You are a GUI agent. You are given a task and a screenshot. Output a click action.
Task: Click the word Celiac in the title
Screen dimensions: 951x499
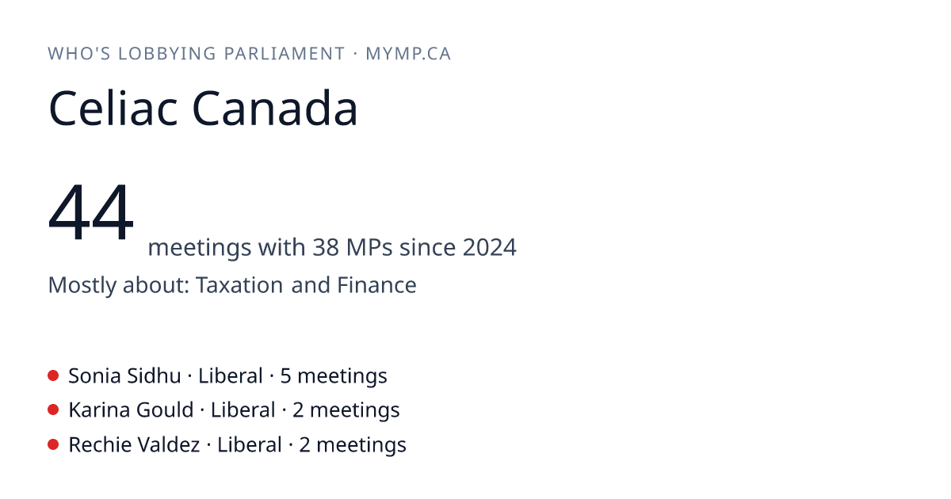[113, 109]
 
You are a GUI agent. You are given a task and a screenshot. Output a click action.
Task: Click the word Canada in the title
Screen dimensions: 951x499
[275, 109]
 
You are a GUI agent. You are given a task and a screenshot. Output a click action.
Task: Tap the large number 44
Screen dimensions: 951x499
[91, 211]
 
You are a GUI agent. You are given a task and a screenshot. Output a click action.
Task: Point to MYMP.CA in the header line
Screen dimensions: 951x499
[408, 54]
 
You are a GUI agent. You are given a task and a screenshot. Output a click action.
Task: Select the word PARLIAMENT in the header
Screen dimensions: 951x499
[285, 54]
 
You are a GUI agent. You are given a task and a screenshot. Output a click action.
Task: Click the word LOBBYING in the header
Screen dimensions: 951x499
[167, 54]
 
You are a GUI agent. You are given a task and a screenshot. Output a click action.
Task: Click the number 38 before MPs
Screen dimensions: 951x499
[326, 247]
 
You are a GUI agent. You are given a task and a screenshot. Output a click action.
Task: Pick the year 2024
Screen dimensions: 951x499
[490, 247]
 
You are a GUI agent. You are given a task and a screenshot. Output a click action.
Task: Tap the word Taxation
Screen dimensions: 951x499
[239, 284]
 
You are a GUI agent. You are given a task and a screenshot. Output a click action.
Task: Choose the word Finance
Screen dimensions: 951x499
[376, 284]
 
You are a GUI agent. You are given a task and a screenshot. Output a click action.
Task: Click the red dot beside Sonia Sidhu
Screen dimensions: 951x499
[53, 375]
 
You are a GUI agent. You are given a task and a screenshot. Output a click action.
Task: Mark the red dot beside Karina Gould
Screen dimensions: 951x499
[53, 410]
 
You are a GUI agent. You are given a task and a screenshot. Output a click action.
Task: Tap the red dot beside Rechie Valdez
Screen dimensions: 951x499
[53, 444]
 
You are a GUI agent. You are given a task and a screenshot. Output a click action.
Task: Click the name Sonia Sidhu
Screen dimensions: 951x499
[125, 376]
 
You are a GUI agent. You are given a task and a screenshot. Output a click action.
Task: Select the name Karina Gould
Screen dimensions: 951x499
[132, 410]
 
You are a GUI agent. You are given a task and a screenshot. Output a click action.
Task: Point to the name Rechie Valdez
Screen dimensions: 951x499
[134, 445]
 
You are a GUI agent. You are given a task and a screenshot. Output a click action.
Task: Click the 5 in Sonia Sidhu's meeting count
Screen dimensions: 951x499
[286, 376]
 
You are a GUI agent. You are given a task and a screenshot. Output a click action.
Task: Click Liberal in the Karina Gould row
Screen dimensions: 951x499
[243, 410]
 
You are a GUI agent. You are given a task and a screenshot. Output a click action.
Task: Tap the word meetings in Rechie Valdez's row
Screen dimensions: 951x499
[361, 445]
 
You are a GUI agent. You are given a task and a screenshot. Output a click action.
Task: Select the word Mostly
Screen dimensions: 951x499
[82, 285]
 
